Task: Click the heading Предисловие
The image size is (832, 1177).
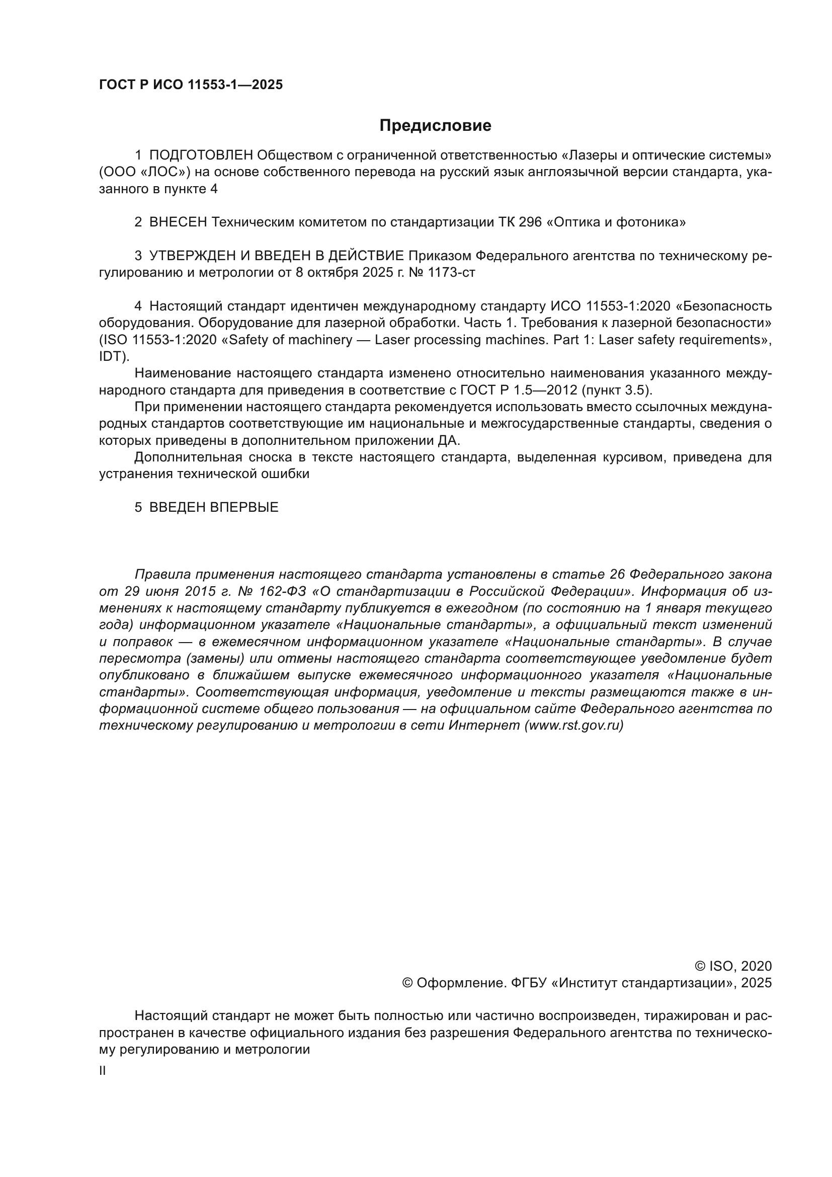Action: (435, 126)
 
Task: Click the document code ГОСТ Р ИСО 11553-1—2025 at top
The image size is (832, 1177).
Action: (191, 85)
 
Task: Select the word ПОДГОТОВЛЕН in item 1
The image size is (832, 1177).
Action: (201, 155)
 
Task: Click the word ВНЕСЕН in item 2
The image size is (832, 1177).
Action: (178, 222)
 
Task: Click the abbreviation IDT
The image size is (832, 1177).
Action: (111, 357)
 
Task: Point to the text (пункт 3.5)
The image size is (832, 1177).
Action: (617, 390)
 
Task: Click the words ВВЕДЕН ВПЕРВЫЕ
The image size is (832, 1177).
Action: (214, 508)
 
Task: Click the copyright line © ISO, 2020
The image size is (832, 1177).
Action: (732, 966)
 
